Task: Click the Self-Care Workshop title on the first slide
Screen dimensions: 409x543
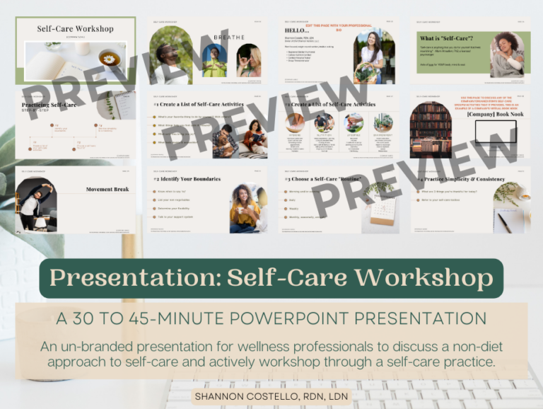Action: click(75, 29)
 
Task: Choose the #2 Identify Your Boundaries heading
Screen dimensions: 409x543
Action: click(187, 179)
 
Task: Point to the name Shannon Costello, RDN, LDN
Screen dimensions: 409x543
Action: click(271, 396)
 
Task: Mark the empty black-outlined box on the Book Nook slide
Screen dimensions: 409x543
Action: click(495, 132)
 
